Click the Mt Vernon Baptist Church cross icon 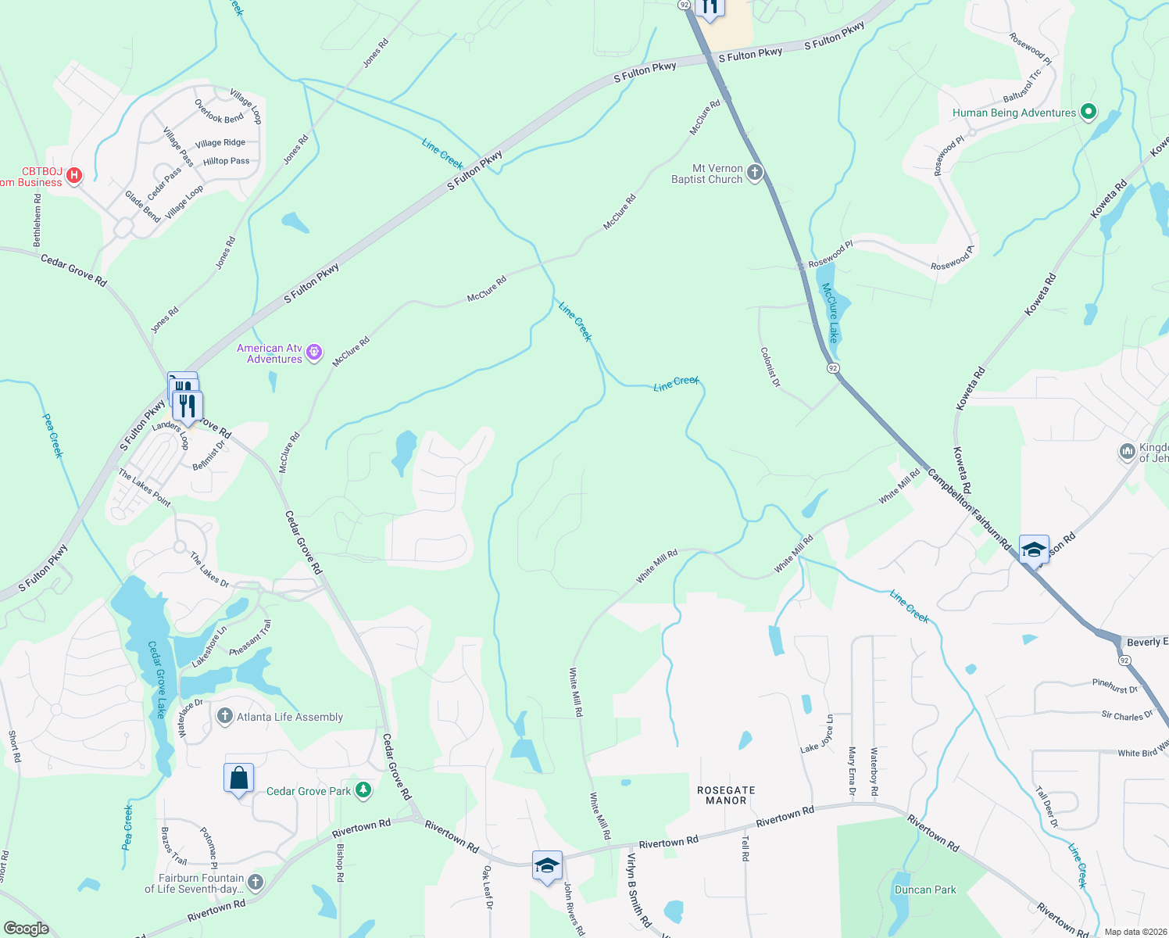(x=754, y=173)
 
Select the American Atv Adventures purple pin (x=314, y=353)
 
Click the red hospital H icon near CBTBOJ (x=74, y=175)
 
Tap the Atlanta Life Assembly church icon (x=225, y=716)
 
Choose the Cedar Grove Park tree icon (x=363, y=790)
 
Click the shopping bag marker (x=238, y=779)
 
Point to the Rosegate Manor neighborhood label (x=726, y=795)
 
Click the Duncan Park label (x=925, y=890)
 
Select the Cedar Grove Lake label (x=156, y=679)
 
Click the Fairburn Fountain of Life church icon (x=255, y=883)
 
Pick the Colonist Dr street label (x=770, y=367)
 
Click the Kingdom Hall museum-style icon (x=1127, y=451)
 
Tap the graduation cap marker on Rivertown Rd (x=547, y=865)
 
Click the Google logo (x=26, y=928)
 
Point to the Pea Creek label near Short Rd (x=127, y=827)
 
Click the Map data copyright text (x=1135, y=932)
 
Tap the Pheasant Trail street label (x=251, y=638)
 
